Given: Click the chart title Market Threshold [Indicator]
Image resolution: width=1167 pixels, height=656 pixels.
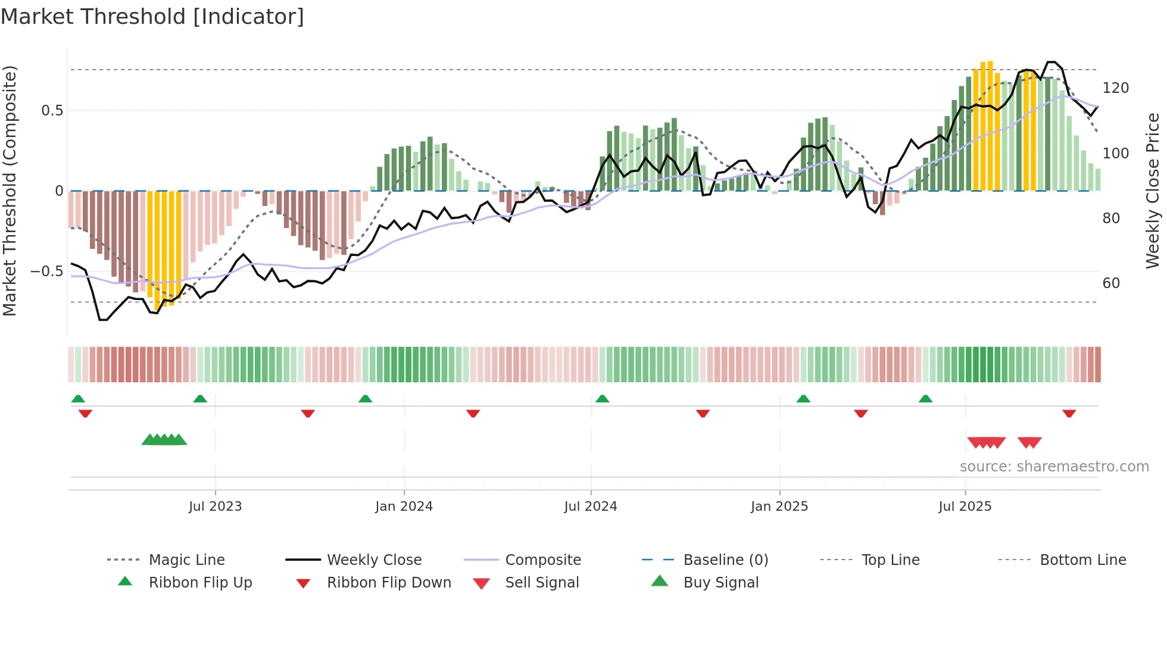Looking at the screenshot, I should (152, 17).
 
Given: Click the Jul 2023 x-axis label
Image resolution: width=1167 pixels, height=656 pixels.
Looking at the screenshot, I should (215, 507).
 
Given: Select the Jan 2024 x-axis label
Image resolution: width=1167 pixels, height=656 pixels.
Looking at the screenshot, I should (404, 507).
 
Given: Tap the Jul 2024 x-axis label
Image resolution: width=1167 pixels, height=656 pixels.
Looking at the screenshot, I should (590, 507).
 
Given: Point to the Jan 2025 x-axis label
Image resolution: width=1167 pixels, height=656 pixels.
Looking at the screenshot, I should (779, 507).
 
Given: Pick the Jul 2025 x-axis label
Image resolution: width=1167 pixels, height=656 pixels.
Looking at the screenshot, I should (965, 507).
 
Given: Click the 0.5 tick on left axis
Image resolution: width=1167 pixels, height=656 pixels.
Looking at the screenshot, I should (52, 111).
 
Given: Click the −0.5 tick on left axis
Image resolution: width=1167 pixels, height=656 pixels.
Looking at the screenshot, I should (47, 271).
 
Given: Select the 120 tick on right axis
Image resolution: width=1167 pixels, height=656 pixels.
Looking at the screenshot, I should (1115, 88).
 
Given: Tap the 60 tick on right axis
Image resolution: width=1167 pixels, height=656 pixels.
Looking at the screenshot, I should (1111, 283).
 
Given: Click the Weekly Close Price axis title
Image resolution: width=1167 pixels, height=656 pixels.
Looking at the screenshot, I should (1153, 190).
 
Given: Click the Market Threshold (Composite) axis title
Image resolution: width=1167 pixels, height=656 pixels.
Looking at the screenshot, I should (10, 190).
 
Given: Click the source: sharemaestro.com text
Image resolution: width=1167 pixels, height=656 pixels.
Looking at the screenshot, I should (1054, 467).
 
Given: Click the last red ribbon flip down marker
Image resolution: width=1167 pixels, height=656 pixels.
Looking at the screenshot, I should (1069, 413).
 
